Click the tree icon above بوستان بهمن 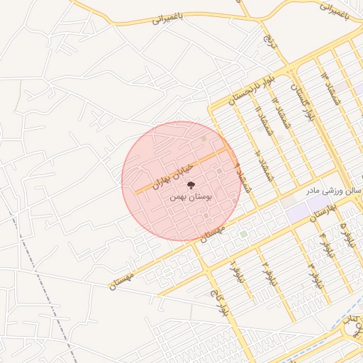coord(178,186)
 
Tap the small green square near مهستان coord(243,233)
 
